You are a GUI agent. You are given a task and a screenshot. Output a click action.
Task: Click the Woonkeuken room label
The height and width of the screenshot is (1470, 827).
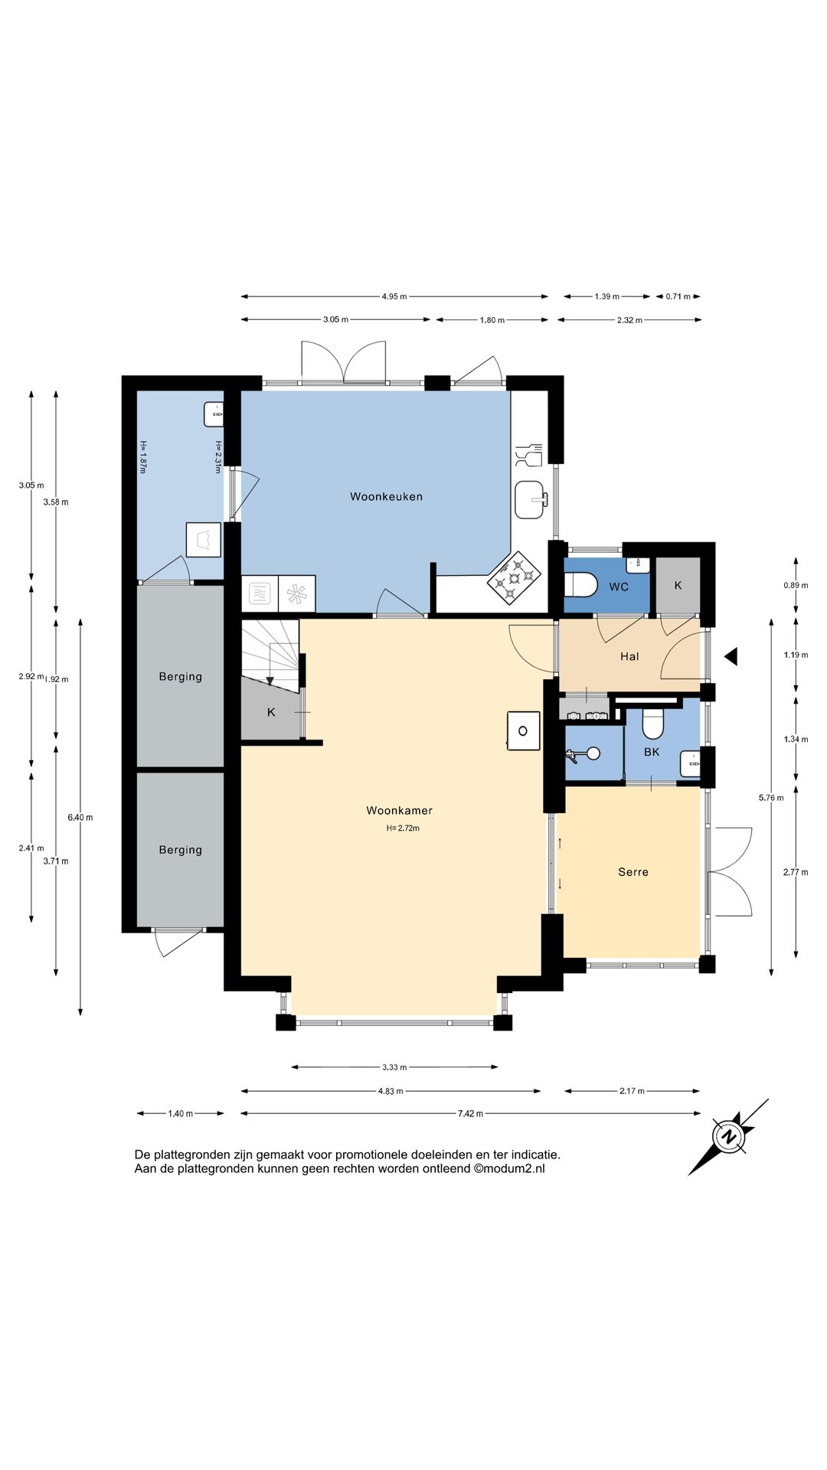point(386,497)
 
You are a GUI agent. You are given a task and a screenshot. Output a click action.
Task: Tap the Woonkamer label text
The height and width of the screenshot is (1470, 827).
point(399,811)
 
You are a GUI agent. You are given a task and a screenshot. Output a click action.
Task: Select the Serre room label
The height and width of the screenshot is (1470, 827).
point(633,872)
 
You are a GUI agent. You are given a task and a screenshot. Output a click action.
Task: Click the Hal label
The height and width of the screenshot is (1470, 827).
point(629,657)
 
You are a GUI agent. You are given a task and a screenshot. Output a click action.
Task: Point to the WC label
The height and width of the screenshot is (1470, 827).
point(619,587)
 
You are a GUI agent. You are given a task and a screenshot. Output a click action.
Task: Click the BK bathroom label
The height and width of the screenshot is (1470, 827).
point(652,753)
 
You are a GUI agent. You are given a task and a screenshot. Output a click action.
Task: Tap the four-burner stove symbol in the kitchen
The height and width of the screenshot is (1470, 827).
point(515,577)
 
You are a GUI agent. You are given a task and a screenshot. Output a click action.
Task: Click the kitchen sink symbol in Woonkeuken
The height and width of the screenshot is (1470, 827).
point(531,500)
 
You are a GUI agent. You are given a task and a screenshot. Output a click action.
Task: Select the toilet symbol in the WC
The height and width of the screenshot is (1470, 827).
point(580,586)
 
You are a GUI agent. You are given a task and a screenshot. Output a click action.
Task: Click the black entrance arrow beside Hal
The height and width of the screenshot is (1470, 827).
point(731,656)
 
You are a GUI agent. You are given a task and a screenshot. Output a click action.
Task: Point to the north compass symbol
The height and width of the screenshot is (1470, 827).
point(728,1137)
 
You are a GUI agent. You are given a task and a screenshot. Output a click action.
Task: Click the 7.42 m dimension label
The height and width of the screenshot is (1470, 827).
point(470,1114)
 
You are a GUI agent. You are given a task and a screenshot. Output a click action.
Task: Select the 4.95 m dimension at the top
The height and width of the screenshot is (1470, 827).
point(394,296)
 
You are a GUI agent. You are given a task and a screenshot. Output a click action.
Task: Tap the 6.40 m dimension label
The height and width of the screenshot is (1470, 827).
point(80,818)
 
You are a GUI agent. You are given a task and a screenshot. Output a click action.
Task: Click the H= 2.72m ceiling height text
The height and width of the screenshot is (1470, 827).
point(403,828)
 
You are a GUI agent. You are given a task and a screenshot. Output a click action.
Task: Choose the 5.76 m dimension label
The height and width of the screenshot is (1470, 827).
point(771,798)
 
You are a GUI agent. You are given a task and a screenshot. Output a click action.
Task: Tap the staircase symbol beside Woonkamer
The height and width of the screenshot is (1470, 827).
point(270,656)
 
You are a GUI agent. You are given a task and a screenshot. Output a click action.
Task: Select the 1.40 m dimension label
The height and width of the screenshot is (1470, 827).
point(181,1114)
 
